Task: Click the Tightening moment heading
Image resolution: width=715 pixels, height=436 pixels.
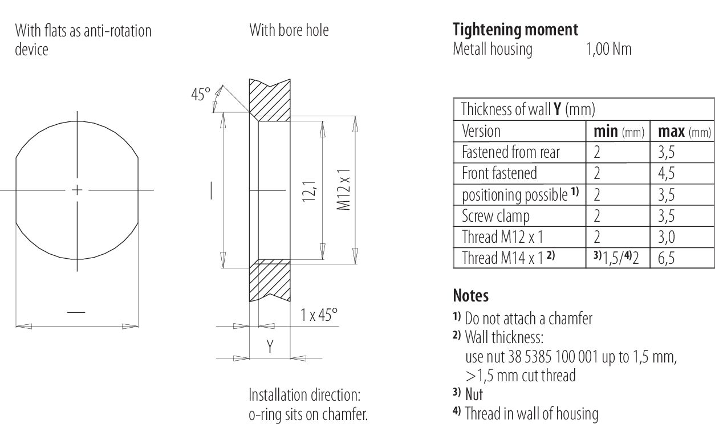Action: tap(515, 30)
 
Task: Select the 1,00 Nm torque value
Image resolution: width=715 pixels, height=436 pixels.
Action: tap(609, 50)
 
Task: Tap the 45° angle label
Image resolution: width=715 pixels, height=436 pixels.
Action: tap(201, 95)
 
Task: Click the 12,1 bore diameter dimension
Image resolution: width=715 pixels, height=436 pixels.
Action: tap(309, 191)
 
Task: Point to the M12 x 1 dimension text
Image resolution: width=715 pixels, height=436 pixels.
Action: tap(343, 190)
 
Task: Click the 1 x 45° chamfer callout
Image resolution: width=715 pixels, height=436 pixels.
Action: tap(319, 315)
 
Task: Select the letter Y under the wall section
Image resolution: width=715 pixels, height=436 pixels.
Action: tap(270, 346)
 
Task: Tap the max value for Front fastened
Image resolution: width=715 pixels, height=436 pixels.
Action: tap(667, 173)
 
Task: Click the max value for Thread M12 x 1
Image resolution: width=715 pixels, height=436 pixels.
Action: tap(667, 237)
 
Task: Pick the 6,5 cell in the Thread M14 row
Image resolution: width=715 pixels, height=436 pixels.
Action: tap(667, 258)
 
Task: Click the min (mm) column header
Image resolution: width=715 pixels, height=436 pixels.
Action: tap(619, 132)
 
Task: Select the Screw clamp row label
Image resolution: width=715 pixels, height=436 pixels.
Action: tap(495, 216)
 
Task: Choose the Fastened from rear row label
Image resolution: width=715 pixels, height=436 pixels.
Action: tap(511, 152)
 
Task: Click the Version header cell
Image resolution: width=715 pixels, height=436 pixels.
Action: tap(481, 131)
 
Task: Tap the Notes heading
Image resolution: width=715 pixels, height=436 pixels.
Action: tap(471, 296)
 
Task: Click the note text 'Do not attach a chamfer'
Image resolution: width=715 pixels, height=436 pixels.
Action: tap(529, 319)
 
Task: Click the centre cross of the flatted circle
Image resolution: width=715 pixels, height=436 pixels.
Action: tap(77, 190)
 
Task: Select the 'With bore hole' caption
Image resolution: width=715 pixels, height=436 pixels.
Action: tap(289, 30)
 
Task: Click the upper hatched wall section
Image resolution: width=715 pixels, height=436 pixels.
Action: tap(270, 100)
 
